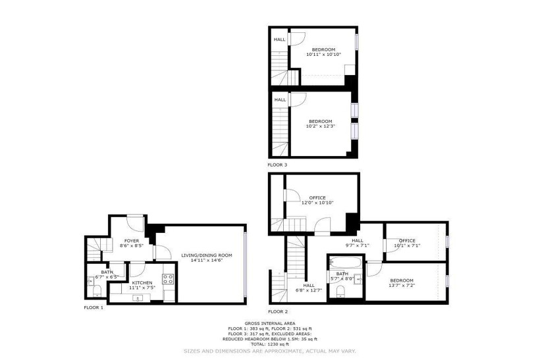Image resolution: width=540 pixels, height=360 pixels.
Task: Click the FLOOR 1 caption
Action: click(x=94, y=308)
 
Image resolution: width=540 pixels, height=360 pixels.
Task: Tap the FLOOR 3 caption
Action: click(x=277, y=165)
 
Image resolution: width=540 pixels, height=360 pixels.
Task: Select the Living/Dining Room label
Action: click(x=207, y=258)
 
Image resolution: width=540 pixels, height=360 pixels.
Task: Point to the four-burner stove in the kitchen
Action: click(x=168, y=279)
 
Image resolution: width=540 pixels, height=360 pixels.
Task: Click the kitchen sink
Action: click(x=138, y=298)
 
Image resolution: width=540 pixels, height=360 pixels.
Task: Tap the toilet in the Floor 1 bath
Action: click(x=97, y=291)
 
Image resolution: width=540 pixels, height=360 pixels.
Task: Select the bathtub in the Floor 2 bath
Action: click(x=346, y=263)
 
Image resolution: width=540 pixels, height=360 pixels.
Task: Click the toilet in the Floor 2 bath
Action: click(x=340, y=291)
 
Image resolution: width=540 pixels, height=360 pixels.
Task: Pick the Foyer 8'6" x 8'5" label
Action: click(x=132, y=244)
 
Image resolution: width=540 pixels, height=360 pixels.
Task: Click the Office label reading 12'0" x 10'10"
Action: click(x=317, y=200)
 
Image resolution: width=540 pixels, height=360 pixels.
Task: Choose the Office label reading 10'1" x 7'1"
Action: click(x=407, y=243)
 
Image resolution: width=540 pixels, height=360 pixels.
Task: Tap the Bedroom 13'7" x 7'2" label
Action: click(x=402, y=283)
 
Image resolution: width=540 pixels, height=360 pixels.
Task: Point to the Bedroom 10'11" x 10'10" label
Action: click(x=323, y=52)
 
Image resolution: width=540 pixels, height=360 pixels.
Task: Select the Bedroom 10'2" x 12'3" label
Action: click(x=320, y=124)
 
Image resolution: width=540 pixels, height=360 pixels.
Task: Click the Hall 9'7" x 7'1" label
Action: click(x=358, y=243)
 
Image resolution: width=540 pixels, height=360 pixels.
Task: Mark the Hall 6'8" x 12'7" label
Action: click(x=309, y=288)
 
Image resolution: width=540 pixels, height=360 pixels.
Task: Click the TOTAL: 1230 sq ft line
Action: click(x=269, y=344)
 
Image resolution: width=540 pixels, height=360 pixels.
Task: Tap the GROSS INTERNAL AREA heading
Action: click(x=269, y=324)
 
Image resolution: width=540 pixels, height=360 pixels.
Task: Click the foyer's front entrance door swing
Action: click(x=135, y=223)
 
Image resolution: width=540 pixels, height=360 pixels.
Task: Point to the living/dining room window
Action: click(x=244, y=265)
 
